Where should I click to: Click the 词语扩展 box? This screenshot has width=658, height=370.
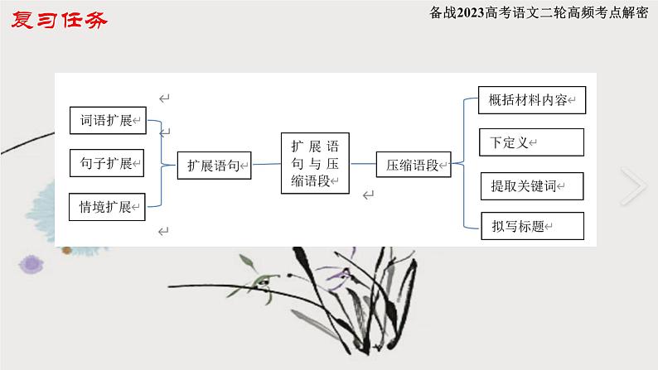click(107, 121)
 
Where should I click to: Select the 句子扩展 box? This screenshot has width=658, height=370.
click(107, 163)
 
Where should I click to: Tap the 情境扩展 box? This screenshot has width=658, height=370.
click(107, 206)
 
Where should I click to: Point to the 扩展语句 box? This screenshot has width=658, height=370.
click(215, 165)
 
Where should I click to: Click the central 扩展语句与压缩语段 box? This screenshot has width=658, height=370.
click(316, 162)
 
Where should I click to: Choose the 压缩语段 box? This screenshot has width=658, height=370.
click(413, 165)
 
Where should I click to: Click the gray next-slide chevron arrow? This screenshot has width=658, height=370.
click(633, 187)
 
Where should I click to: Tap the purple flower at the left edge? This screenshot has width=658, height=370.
click(31, 264)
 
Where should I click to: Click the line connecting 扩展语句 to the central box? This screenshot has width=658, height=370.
click(266, 165)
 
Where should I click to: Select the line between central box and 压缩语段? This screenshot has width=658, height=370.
click(363, 165)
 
